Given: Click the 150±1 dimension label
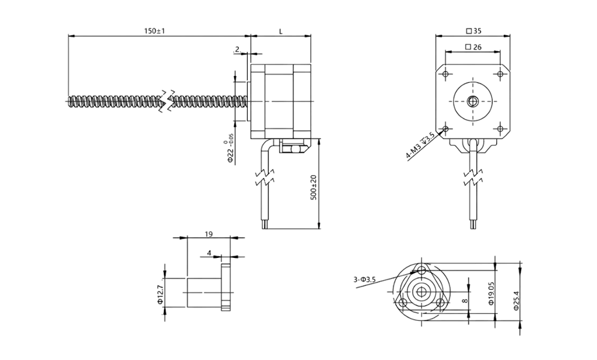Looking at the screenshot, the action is click(154, 31).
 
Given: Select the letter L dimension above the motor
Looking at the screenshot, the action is click(280, 32).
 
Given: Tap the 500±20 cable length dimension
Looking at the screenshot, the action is click(313, 187).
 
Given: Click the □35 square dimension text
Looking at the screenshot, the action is click(473, 32).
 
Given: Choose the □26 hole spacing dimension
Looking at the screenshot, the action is click(473, 47).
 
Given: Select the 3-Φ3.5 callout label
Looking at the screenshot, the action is click(364, 279).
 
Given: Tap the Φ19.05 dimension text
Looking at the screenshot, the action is click(491, 293).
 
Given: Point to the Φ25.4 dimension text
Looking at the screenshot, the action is click(517, 300).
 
